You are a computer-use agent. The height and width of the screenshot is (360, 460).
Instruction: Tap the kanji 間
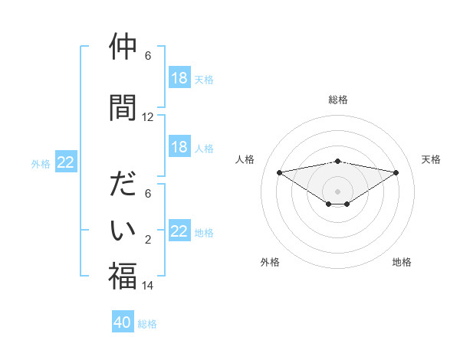tap(123, 107)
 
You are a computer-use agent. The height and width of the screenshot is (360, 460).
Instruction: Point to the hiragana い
tap(123, 229)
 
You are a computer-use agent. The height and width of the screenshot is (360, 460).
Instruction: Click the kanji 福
tap(123, 275)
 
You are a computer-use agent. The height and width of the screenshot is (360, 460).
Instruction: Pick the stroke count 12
tap(148, 117)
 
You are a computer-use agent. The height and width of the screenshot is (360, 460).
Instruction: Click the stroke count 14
tap(148, 286)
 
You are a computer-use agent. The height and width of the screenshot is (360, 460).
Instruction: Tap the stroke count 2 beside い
tap(148, 240)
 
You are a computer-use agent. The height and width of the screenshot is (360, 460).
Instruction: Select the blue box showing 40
tap(123, 322)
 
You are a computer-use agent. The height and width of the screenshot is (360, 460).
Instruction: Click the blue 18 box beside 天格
tap(179, 78)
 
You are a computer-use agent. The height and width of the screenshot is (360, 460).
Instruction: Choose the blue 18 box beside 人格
tap(179, 147)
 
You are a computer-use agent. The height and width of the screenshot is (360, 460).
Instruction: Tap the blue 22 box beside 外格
tap(66, 162)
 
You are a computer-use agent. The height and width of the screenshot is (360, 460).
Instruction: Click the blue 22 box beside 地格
tap(179, 231)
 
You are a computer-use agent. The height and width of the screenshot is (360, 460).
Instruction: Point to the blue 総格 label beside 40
tap(147, 324)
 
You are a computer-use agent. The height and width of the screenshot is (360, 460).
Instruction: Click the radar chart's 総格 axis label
tap(337, 100)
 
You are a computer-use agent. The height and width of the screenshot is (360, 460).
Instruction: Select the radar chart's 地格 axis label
tap(402, 262)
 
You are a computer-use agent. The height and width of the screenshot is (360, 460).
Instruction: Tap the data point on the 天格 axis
tap(396, 172)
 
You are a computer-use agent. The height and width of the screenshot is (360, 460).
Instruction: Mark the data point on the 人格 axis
tap(279, 172)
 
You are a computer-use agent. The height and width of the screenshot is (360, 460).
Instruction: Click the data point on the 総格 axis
tap(337, 161)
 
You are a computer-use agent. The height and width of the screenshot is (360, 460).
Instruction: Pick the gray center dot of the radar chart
tap(337, 191)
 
